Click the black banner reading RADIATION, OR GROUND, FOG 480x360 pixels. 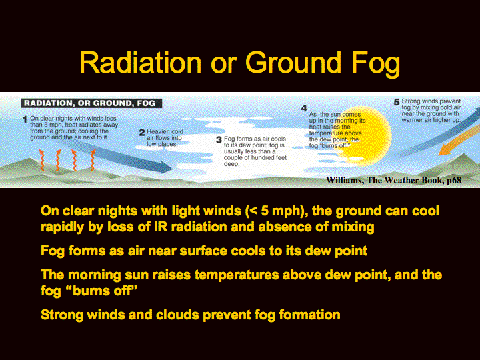91,103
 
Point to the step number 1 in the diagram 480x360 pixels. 25,119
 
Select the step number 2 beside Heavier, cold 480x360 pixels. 142,133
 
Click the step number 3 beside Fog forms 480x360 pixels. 219,140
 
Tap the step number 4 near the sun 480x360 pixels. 304,109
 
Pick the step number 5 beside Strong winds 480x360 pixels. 397,102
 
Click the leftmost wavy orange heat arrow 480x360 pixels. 42,160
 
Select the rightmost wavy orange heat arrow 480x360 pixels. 93,160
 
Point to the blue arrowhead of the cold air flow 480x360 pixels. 166,167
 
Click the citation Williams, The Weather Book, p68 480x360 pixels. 394,180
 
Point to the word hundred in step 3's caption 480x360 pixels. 262,157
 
